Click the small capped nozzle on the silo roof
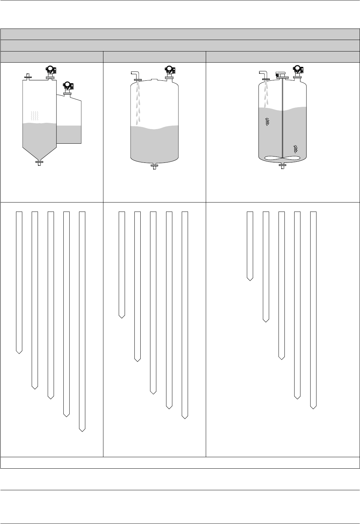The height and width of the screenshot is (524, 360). click(28, 76)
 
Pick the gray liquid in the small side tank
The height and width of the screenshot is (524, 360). click(69, 134)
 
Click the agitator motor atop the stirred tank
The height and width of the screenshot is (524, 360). click(281, 74)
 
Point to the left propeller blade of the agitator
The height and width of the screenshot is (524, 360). click(273, 158)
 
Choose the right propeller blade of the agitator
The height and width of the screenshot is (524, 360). click(291, 158)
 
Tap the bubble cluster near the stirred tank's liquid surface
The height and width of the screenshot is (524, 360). click(267, 122)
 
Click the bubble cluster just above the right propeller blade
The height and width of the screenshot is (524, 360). click(296, 149)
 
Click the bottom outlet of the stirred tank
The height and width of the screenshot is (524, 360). click(282, 166)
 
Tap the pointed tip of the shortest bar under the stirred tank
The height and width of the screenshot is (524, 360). click(250, 279)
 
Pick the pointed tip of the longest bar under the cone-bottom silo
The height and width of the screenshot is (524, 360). click(82, 430)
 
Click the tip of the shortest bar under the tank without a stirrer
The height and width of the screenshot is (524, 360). click(122, 316)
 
